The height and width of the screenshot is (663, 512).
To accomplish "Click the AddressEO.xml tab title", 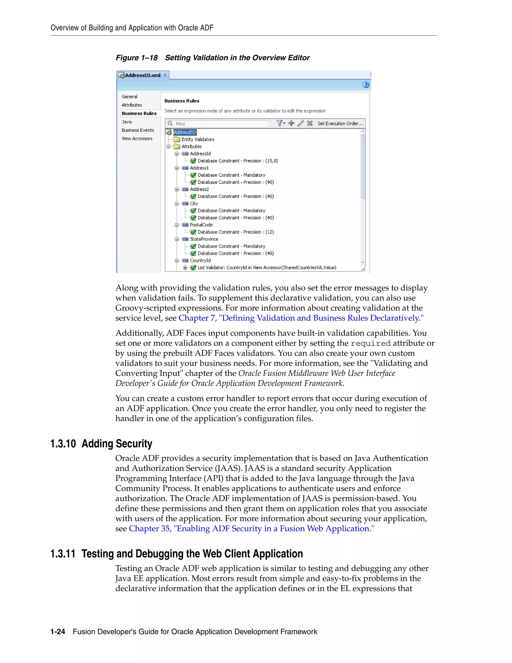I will (x=142, y=75).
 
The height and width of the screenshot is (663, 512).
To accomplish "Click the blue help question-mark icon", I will (x=366, y=85).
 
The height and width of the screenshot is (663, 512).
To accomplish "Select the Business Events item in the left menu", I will (x=138, y=130).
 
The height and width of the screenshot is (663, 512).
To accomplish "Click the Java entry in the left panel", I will (x=126, y=122).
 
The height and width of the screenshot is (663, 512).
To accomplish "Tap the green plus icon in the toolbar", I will (x=291, y=123).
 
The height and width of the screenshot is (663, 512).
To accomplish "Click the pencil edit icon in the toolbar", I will (x=300, y=123).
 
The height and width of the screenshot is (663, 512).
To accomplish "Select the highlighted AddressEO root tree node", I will (x=184, y=132).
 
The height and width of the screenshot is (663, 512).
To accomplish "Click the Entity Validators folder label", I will (x=198, y=139).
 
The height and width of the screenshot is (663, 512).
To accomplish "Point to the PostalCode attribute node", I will (x=201, y=225).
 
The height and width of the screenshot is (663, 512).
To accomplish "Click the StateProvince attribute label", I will (x=204, y=239).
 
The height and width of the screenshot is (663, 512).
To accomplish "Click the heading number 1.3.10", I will (x=63, y=444).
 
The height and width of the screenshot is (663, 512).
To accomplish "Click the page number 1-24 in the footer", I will (x=58, y=632).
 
